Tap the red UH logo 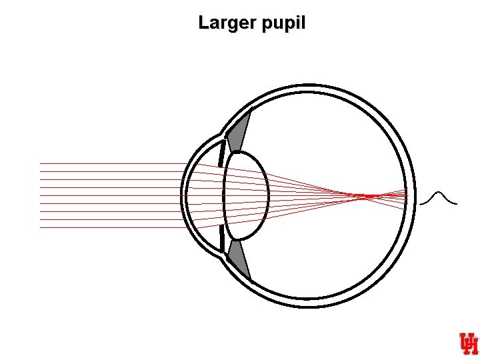[x=468, y=343]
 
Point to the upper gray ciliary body [x=239, y=132]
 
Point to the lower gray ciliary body [x=239, y=259]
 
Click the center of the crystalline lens [x=247, y=195]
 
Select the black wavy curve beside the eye [x=439, y=198]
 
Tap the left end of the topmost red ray [x=41, y=163]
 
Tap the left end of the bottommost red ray [x=41, y=227]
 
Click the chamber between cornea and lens [x=203, y=195]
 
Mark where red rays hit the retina [x=405, y=197]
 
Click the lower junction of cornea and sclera [x=223, y=255]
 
